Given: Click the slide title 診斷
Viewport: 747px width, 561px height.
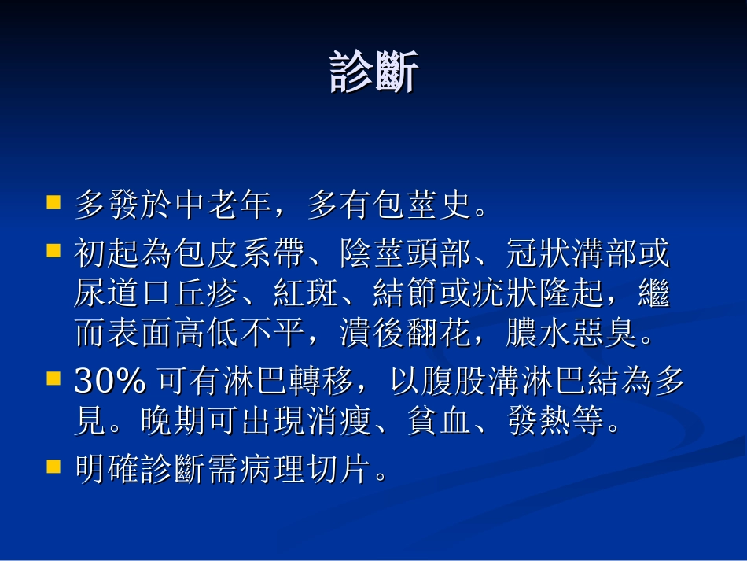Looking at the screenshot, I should coord(373,73).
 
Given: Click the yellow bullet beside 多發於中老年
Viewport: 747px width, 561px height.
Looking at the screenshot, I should coord(53,202).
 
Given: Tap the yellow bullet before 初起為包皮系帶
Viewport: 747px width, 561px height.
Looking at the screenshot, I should coord(53,251).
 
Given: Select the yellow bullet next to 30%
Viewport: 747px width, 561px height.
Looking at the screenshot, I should coord(53,378).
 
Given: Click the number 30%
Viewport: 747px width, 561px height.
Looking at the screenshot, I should coord(110,382).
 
